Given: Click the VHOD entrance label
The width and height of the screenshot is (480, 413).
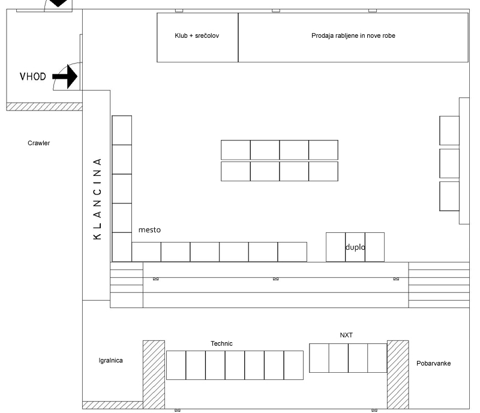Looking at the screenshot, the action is click(33, 76).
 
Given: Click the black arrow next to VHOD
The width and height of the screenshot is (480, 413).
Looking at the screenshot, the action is click(65, 76).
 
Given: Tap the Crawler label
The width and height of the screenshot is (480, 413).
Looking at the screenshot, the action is click(38, 143).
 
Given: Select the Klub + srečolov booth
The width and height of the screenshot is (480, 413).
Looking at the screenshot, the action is click(197, 37).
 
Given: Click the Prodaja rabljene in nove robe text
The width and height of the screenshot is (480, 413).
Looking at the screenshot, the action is click(353, 35).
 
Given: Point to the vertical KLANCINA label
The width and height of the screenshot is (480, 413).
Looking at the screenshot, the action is click(97, 199).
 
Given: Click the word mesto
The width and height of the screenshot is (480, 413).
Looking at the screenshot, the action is click(149, 230).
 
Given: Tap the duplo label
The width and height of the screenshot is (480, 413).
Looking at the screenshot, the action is click(355, 247).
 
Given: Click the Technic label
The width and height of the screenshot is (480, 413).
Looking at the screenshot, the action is click(221, 343).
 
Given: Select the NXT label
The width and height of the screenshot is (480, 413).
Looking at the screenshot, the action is click(346, 335).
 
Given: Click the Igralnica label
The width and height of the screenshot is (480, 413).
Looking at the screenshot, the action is click(110, 361).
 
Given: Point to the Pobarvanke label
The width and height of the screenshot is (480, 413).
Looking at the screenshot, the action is click(433, 363).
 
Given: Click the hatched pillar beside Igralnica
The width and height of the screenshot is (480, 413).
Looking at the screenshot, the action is click(154, 375).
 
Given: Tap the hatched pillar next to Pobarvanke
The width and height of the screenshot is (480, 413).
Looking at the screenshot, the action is click(398, 375).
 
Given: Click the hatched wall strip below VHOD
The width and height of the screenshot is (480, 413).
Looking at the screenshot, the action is click(44, 107).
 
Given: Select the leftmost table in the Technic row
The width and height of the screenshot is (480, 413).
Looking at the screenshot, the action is click(176, 365).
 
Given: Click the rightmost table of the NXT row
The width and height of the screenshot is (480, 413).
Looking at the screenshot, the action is click(377, 358).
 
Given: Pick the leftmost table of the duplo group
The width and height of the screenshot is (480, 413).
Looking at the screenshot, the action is click(335, 247).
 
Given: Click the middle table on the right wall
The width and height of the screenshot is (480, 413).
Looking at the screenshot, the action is click(449, 163).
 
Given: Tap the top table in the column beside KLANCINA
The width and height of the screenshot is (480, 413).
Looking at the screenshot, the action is click(122, 130).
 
